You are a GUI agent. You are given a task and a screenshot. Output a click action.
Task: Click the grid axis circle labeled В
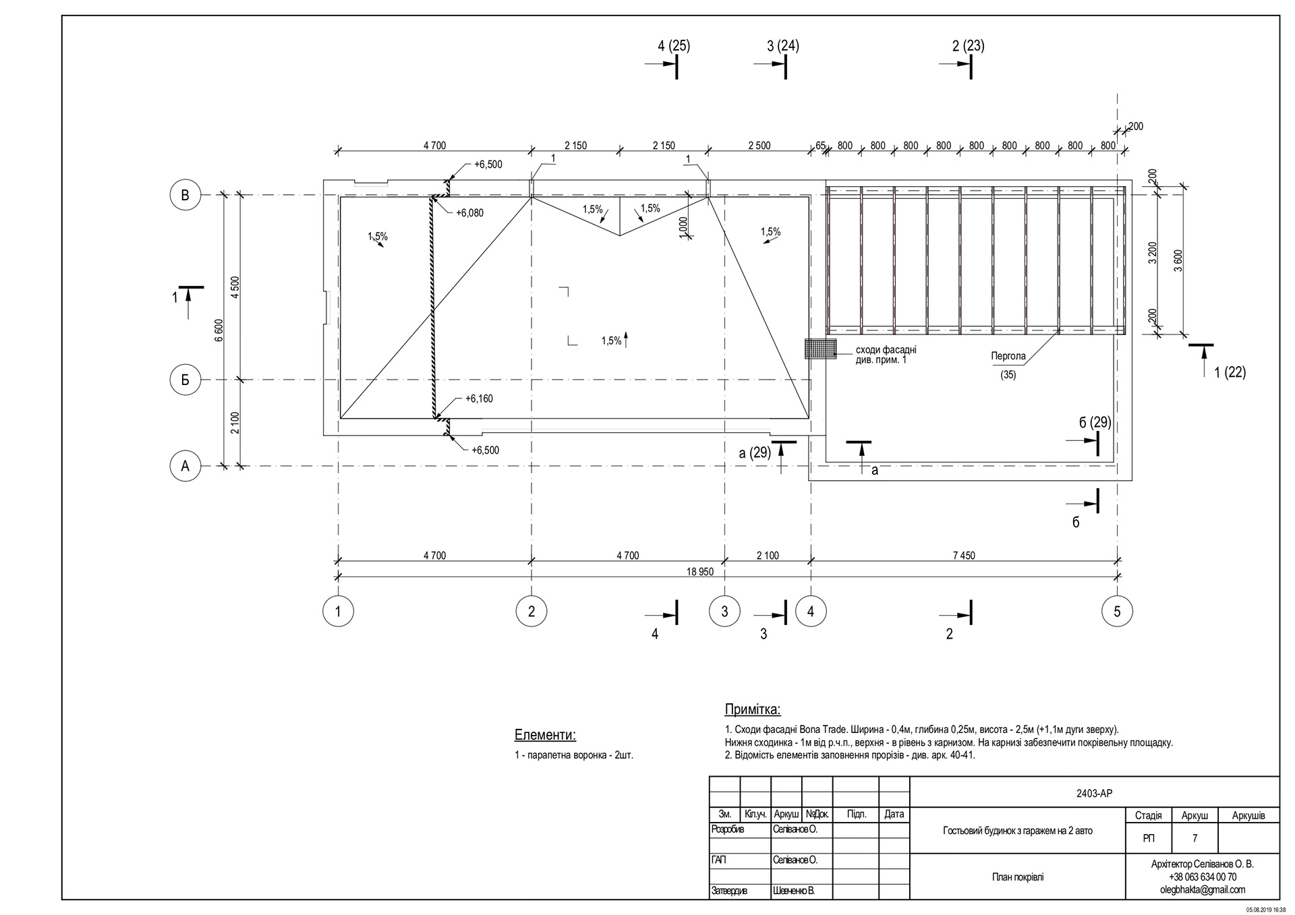185,196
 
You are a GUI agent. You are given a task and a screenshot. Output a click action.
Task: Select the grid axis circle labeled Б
185,380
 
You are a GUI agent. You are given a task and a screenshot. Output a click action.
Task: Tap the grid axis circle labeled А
185,466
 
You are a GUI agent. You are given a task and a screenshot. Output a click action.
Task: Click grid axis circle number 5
1117,612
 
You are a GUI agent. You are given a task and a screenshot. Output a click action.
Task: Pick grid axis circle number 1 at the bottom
338,612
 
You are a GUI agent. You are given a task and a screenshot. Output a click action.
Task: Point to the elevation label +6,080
469,213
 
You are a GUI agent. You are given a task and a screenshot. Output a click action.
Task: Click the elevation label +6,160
479,399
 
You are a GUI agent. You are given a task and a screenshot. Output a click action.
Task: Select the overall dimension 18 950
699,572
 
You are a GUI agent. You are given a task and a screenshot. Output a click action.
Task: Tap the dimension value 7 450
963,556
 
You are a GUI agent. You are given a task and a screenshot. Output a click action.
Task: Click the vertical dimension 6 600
219,330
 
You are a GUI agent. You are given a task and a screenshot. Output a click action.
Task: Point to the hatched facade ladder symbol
820,349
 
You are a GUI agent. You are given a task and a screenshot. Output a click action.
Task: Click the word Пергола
1008,356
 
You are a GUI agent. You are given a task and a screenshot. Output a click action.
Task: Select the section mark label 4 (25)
674,46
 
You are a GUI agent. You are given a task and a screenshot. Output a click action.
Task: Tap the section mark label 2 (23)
968,46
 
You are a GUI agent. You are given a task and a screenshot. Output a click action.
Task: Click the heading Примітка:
752,709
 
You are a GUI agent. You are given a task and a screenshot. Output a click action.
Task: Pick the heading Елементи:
545,735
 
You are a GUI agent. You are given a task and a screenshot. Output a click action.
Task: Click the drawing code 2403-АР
1094,794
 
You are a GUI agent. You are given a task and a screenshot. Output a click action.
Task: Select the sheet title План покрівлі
1017,877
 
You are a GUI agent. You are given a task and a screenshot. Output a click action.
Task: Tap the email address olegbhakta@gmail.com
1202,889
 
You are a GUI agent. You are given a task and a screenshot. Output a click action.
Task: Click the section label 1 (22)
1230,372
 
